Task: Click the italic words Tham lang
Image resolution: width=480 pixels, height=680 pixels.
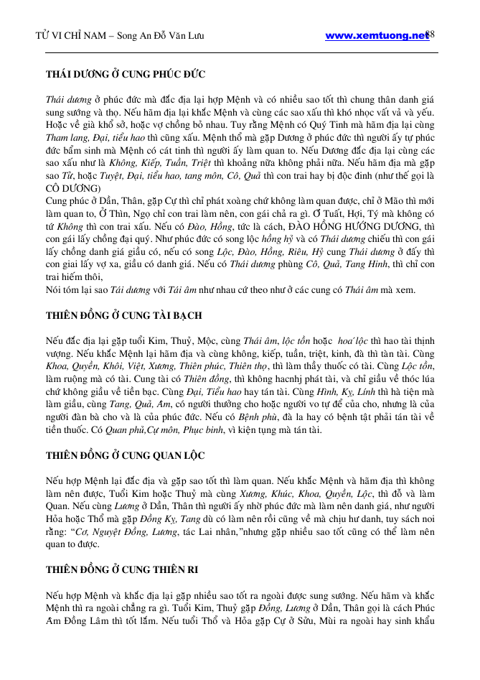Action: [x=64, y=136]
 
